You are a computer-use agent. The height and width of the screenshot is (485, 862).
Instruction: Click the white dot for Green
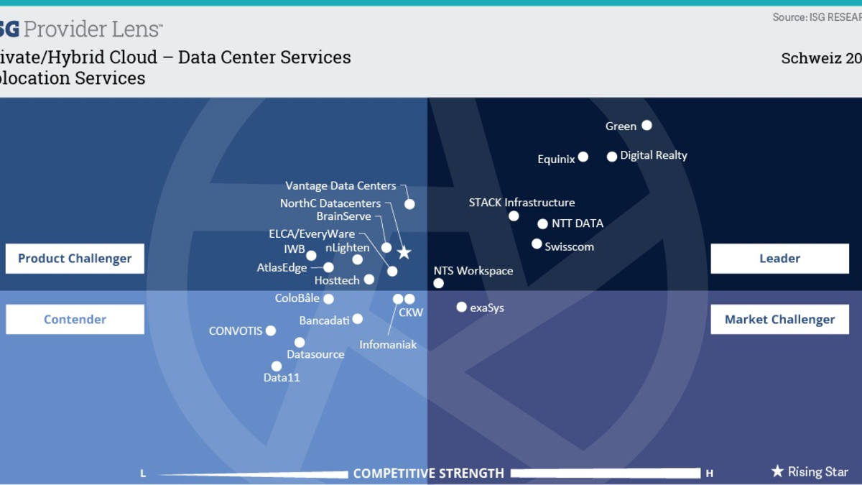click(x=646, y=126)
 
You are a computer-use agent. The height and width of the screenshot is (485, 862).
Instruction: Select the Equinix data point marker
click(x=583, y=157)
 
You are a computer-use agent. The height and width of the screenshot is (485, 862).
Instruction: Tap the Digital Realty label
click(x=654, y=155)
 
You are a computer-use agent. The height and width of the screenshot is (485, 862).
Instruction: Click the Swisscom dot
click(x=537, y=244)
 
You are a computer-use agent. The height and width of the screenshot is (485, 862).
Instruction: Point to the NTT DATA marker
click(x=542, y=224)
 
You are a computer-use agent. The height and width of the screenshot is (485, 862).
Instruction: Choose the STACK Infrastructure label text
click(x=522, y=203)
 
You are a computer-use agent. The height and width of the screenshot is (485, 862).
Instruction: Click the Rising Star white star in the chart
click(x=404, y=252)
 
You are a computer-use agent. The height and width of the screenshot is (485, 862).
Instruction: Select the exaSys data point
click(x=462, y=308)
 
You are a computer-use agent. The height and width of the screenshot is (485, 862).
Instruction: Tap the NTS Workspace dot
click(x=439, y=283)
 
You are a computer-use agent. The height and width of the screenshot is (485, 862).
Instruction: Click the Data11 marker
click(x=277, y=366)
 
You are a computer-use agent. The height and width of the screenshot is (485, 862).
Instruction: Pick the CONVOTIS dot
click(x=271, y=331)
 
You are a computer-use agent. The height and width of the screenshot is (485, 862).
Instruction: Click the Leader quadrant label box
click(x=779, y=259)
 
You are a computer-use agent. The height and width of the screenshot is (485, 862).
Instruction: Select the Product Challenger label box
click(x=75, y=259)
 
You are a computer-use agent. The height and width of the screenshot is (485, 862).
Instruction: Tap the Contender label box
click(x=75, y=320)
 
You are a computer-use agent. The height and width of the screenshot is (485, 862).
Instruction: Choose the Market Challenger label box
click(x=779, y=320)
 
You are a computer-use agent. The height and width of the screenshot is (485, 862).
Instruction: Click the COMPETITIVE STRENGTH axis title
click(x=428, y=474)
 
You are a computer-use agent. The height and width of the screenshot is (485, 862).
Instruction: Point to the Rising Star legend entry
click(x=810, y=472)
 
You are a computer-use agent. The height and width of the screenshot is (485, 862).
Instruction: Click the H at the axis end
click(x=710, y=474)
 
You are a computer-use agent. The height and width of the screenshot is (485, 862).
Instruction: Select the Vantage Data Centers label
click(x=340, y=186)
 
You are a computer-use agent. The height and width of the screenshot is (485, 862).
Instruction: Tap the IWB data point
click(x=311, y=255)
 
